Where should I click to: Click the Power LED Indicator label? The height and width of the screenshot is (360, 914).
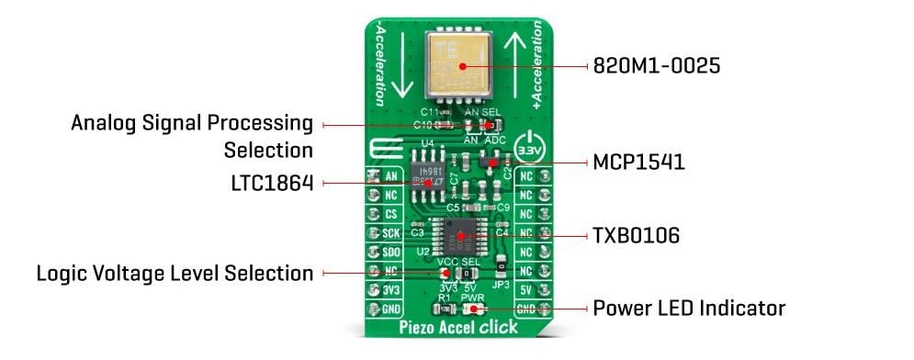(x=689, y=308)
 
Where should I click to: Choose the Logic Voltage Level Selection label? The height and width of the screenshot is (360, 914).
(x=175, y=273)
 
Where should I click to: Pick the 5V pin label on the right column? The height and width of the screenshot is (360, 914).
(x=525, y=291)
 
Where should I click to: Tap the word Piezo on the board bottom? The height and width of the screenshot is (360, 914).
(x=419, y=328)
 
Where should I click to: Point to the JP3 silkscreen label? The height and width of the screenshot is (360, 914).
(x=501, y=285)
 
